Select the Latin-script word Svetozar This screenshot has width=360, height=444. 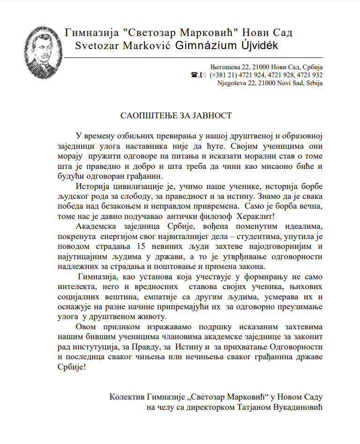97,46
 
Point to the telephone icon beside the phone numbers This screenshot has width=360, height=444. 194,75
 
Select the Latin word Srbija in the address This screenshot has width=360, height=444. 313,83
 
